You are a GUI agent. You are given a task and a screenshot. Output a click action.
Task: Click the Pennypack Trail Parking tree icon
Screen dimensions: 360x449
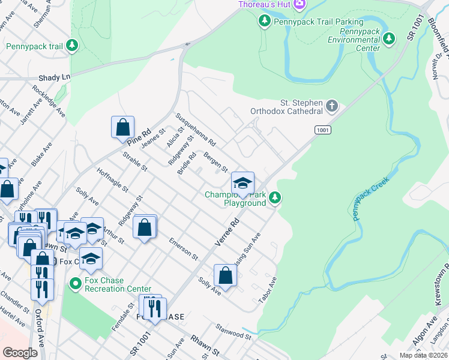click(x=264, y=22)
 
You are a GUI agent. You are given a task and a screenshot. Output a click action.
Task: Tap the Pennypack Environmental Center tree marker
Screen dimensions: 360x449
click(x=390, y=39)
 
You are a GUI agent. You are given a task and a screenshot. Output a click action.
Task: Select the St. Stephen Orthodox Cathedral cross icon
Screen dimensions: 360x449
click(x=332, y=107)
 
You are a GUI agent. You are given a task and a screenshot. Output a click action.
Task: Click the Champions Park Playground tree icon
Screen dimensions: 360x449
click(x=275, y=197)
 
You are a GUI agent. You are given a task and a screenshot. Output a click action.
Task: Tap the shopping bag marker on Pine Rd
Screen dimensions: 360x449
click(x=122, y=127)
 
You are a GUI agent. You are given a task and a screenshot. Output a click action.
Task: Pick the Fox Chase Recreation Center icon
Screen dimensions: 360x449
click(x=75, y=283)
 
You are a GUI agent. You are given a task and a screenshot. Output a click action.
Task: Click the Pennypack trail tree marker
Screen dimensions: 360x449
click(x=71, y=46)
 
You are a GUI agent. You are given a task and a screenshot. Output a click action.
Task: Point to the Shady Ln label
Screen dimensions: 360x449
click(x=54, y=77)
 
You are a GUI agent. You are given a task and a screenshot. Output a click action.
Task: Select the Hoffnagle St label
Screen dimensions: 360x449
click(x=112, y=179)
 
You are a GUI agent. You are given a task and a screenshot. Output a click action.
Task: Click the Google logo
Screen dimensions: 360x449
click(x=20, y=353)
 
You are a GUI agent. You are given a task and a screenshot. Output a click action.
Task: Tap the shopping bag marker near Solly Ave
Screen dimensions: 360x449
click(x=225, y=275)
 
